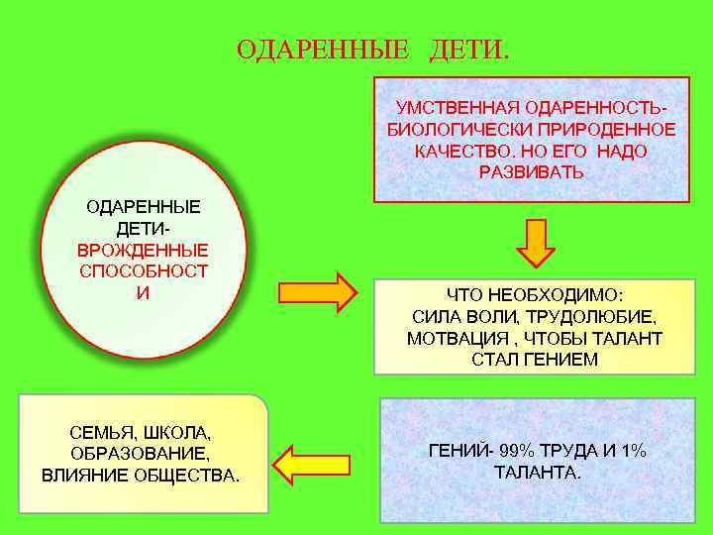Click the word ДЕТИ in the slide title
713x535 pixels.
click(x=468, y=49)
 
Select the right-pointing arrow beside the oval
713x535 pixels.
click(x=316, y=292)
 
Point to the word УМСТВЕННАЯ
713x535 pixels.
click(x=458, y=106)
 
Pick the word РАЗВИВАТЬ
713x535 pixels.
click(x=531, y=172)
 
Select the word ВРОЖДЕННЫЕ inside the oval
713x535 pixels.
click(x=143, y=250)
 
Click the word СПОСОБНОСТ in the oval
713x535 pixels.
click(x=143, y=271)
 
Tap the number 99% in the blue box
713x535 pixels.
click(x=511, y=451)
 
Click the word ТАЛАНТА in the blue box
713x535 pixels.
click(x=535, y=473)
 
